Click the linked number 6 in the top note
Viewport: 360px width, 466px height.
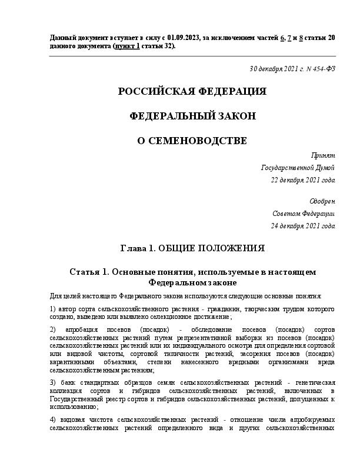[x=282, y=38]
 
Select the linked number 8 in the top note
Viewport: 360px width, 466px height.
[x=301, y=38]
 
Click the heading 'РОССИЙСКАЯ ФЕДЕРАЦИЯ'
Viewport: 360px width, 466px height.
[x=192, y=92]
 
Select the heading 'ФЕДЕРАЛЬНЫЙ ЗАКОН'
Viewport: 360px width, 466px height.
[x=192, y=116]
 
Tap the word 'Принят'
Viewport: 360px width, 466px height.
[x=324, y=155]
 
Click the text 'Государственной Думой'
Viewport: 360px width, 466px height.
[x=298, y=168]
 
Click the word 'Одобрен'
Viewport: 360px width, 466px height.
[x=322, y=201]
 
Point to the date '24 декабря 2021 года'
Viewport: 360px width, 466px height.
[x=303, y=225]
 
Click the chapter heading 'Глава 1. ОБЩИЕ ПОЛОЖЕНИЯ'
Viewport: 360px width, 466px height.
[x=192, y=248]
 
